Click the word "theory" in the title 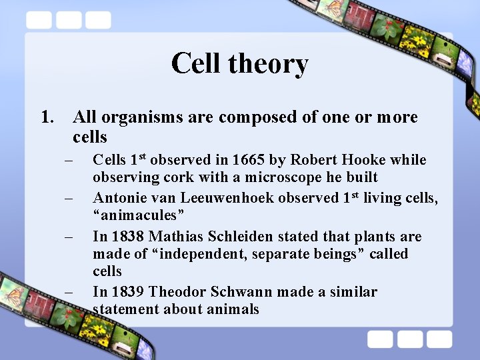268,64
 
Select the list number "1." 47,118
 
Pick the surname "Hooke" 365,161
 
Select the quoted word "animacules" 139,216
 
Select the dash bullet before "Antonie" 68,199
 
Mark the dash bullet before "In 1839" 68,293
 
